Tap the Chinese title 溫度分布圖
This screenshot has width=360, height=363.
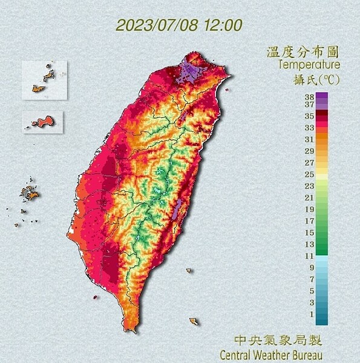point(303,52)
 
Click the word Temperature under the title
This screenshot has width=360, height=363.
point(309,64)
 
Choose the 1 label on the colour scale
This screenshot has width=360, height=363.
point(310,313)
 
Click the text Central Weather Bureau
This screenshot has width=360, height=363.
point(271,354)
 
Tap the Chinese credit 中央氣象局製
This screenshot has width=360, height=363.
point(276,341)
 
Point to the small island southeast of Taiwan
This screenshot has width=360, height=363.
point(194,321)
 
